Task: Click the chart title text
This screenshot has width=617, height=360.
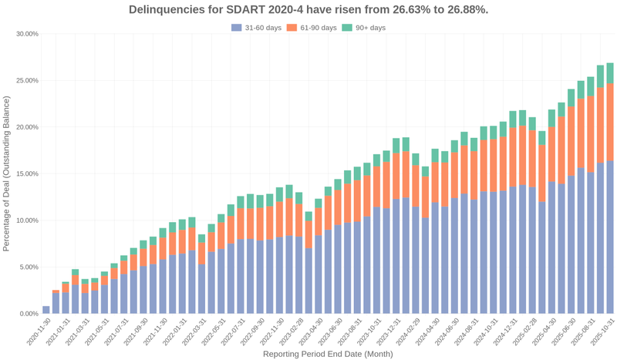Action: click(308, 9)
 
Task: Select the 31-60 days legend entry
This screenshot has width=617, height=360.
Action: click(256, 28)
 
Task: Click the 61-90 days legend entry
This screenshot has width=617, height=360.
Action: click(312, 28)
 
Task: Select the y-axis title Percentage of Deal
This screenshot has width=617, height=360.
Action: click(7, 173)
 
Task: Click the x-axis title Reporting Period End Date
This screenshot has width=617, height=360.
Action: click(328, 354)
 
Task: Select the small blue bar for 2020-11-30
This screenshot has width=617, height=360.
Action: click(46, 310)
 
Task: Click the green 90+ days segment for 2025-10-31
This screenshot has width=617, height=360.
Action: click(610, 72)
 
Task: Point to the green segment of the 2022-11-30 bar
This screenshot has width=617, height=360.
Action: click(279, 193)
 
